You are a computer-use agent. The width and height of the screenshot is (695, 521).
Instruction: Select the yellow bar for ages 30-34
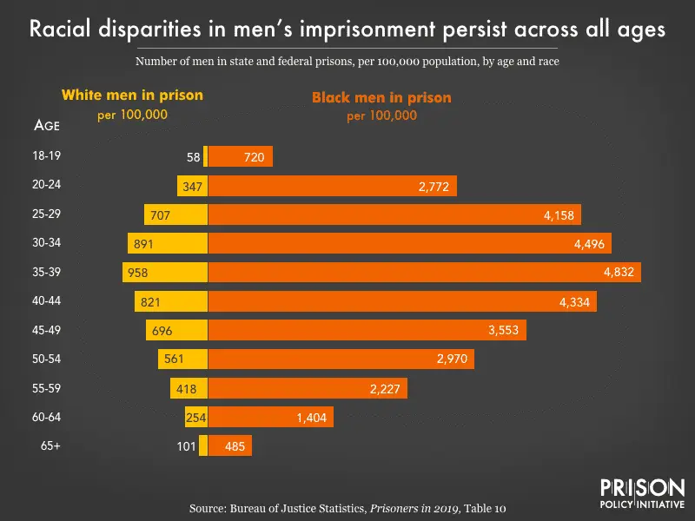(x=168, y=243)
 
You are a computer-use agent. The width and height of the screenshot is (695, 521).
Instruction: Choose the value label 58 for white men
(x=193, y=157)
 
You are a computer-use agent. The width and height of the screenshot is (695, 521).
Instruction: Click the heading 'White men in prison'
(x=132, y=95)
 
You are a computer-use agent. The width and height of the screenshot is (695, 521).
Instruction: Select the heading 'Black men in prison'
(x=381, y=97)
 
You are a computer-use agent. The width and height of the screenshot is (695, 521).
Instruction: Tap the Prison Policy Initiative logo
(x=642, y=491)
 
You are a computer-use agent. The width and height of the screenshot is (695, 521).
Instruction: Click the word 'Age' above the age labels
(x=46, y=125)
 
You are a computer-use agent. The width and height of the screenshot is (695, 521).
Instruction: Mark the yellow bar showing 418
(x=189, y=388)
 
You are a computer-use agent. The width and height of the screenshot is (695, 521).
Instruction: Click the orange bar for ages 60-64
(x=270, y=418)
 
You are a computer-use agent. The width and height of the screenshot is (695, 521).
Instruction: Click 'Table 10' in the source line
(x=505, y=506)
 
